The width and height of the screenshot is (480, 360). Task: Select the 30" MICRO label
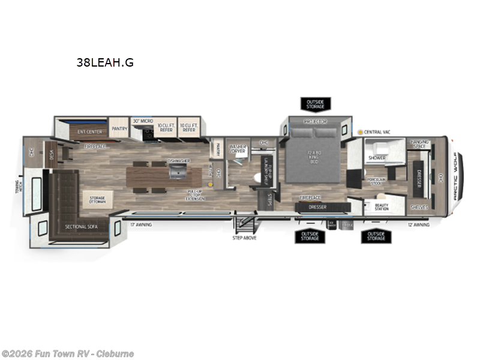tap(143, 121)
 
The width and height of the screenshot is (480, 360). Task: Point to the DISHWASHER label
tap(179, 161)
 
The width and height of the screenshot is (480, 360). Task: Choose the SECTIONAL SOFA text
tap(82, 226)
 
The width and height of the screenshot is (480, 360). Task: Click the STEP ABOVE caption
tap(244, 238)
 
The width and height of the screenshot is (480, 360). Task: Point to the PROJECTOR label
tap(315, 121)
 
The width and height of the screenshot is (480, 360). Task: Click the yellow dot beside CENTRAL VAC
tap(360, 131)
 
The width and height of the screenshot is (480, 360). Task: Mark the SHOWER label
tap(377, 158)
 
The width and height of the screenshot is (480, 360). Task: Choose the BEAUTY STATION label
tap(382, 208)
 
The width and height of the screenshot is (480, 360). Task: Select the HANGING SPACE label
tap(419, 144)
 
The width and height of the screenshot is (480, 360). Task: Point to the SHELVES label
tap(419, 207)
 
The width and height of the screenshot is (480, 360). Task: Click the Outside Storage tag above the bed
tap(315, 104)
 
